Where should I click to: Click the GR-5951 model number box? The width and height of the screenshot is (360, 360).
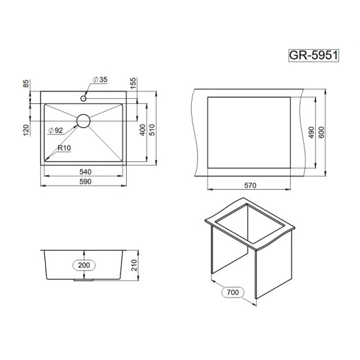coord(314,55)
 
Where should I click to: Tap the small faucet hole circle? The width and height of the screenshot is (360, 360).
coord(83,98)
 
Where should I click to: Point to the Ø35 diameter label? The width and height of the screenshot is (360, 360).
coord(100,80)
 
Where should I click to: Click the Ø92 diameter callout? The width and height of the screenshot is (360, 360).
coord(55,130)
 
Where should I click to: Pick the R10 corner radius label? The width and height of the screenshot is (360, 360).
coord(64,147)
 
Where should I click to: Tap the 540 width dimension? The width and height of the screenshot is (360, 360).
coord(85,172)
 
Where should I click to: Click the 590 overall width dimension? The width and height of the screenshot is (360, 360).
coord(85,181)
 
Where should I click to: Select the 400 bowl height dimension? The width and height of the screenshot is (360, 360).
coord(143,129)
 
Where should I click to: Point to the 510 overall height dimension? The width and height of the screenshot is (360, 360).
coord(152,129)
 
